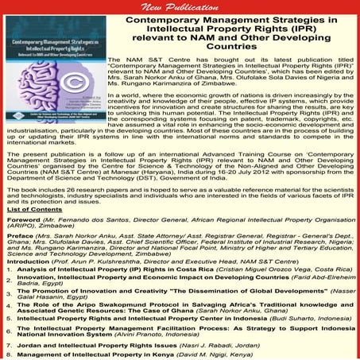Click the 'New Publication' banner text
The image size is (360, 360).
180,6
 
